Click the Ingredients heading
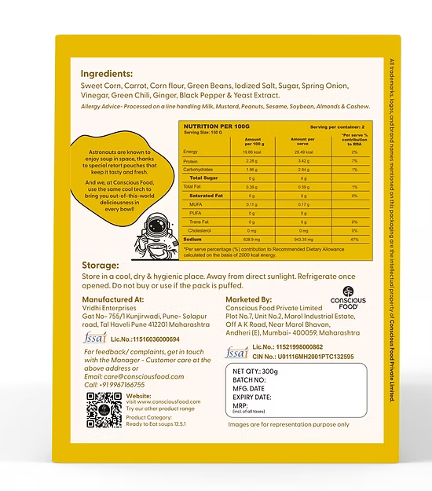[x=112, y=74]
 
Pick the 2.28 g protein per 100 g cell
[x=251, y=161]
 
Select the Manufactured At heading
[x=113, y=299]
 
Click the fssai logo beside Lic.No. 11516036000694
[x=92, y=339]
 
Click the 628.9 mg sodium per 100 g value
[x=251, y=238]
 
